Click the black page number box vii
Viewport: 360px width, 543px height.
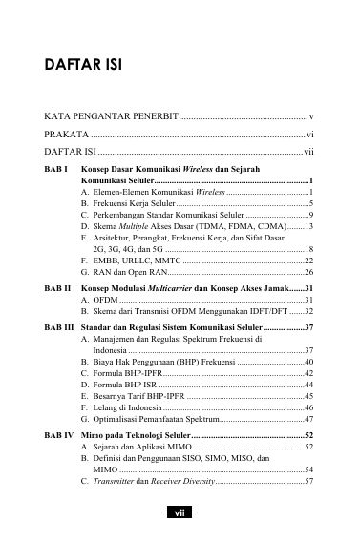[x=180, y=512]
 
